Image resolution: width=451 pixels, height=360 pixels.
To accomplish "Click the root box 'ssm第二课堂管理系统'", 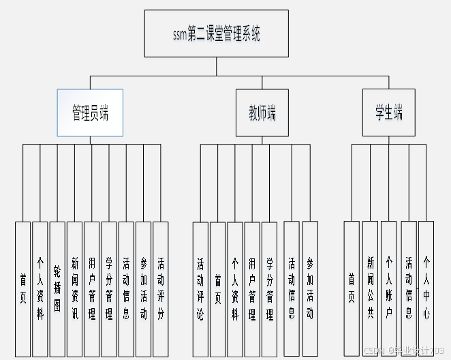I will coord(217,33).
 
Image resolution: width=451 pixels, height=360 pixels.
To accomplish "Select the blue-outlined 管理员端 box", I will coord(90,113).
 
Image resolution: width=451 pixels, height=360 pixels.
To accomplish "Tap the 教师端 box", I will coord(262,113).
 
